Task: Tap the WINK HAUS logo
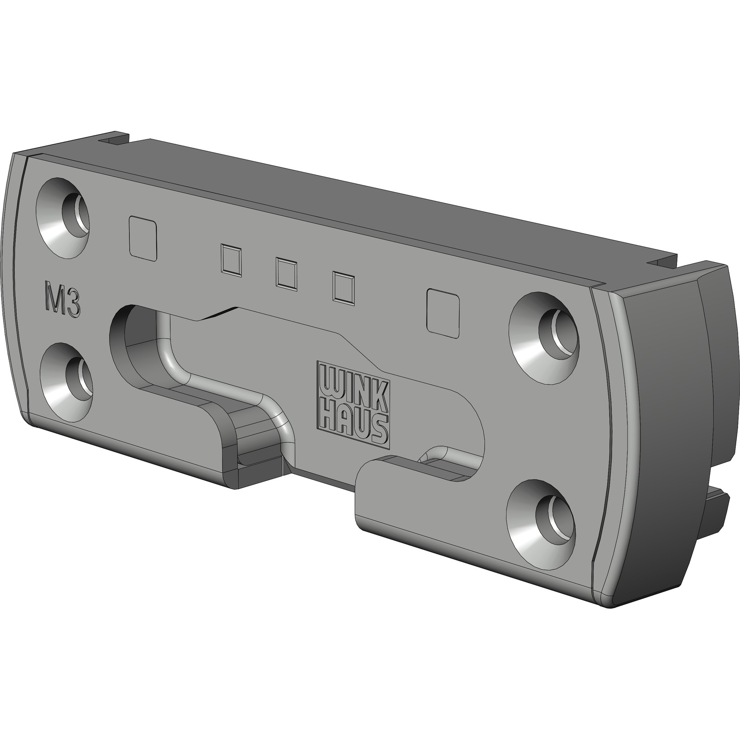pos(352,404)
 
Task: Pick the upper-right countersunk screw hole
pos(544,328)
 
